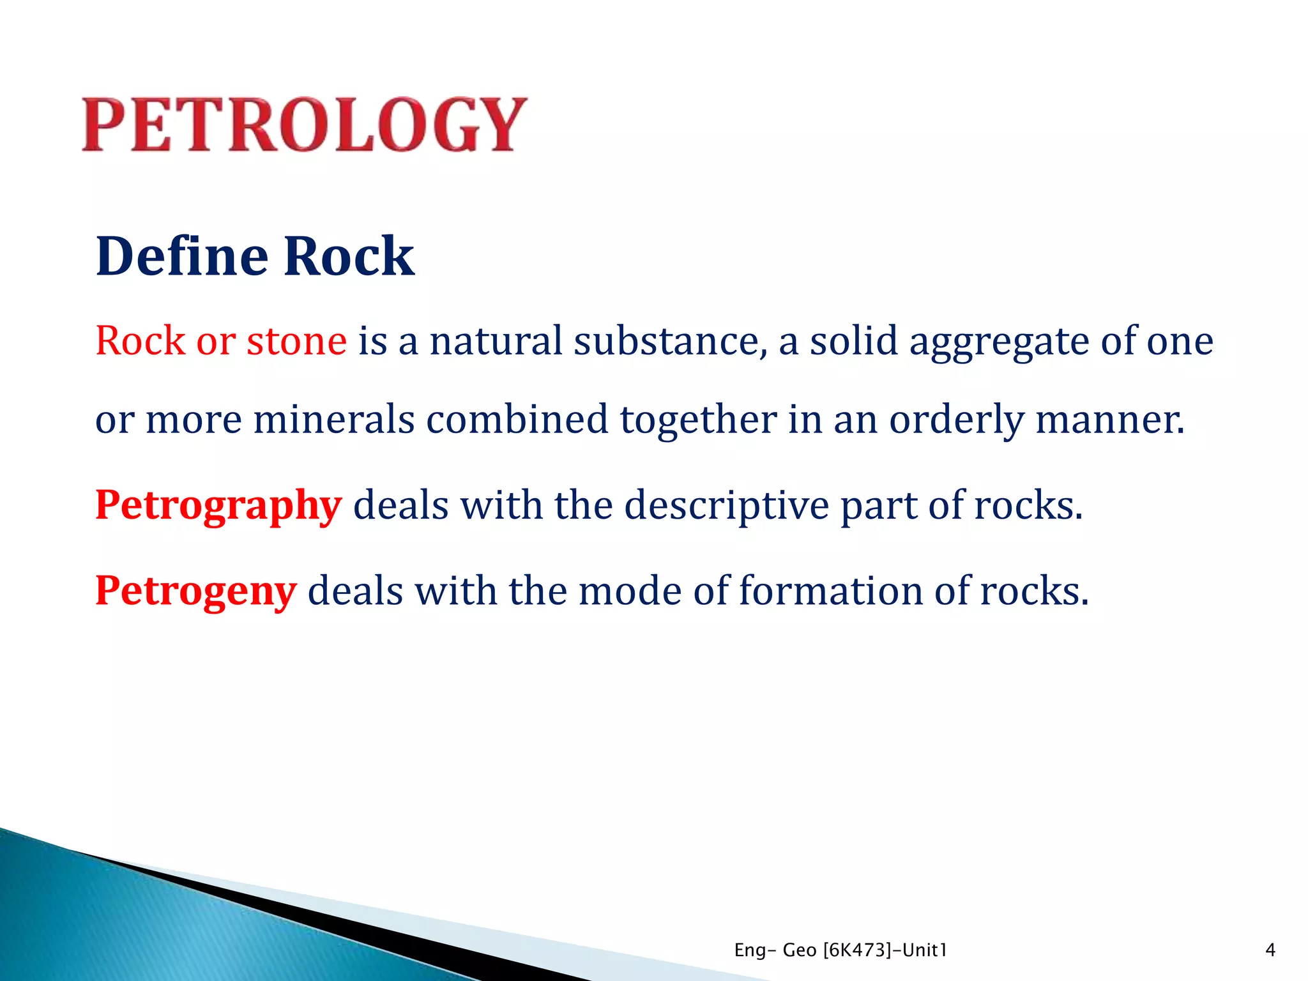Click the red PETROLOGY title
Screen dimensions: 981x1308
(305, 125)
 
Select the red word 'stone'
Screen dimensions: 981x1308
(296, 340)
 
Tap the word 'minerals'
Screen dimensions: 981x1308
(334, 420)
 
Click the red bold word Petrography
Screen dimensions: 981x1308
(218, 506)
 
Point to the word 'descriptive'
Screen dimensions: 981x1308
(726, 506)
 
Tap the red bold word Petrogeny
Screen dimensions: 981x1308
(195, 591)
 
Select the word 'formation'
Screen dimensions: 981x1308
(831, 591)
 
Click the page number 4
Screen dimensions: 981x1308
(1270, 950)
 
